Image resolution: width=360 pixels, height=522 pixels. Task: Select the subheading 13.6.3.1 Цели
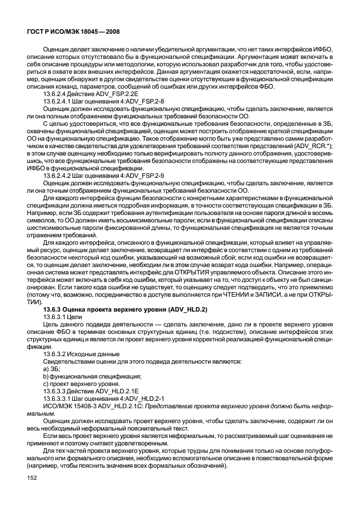[61, 316]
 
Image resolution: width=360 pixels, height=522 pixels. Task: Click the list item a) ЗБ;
[52, 370]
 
